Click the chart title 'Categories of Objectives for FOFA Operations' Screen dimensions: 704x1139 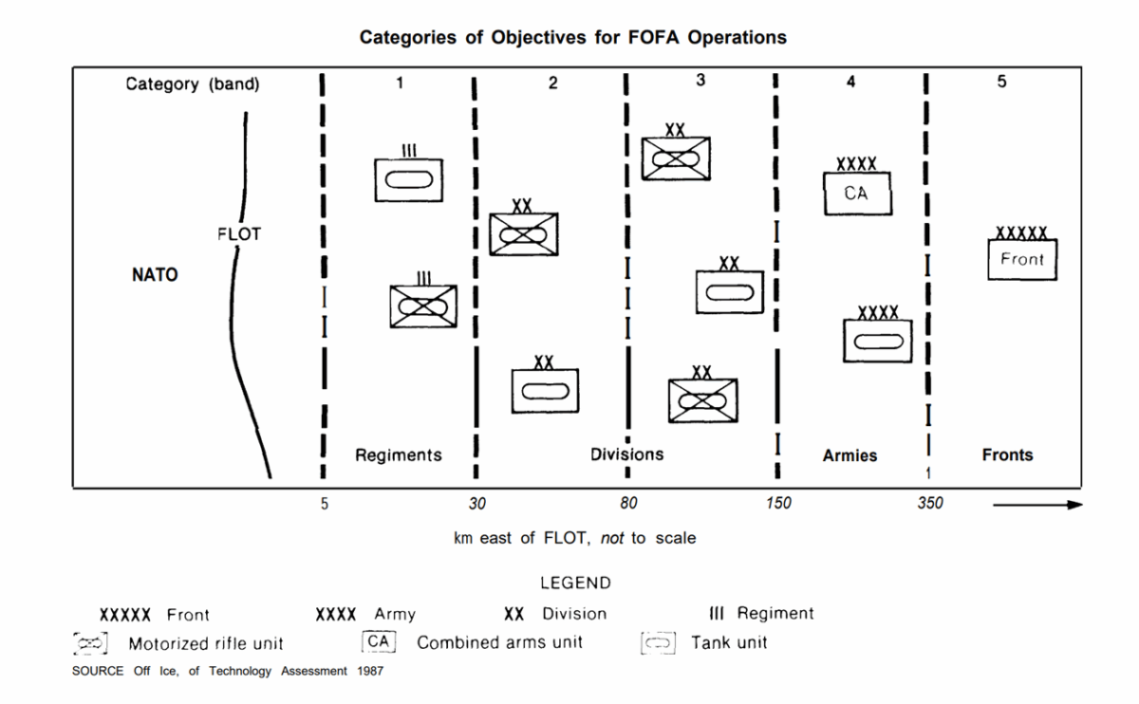(x=573, y=38)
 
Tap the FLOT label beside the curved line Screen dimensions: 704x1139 (x=238, y=234)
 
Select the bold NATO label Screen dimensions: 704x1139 (x=155, y=276)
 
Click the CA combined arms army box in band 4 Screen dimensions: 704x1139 (x=856, y=194)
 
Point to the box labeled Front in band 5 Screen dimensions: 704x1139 (x=1021, y=259)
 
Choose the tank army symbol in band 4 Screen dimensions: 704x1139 (x=878, y=341)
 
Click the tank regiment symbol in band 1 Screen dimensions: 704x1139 (x=409, y=178)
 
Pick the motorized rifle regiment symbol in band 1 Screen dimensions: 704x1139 (x=423, y=306)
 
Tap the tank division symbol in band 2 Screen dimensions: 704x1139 (x=545, y=390)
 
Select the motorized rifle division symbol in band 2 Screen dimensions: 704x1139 (x=523, y=234)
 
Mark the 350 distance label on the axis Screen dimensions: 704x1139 (x=930, y=504)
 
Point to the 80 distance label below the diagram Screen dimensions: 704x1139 (x=629, y=504)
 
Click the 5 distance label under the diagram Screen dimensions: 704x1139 (x=324, y=504)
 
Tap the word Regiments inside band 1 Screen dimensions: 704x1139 (x=399, y=455)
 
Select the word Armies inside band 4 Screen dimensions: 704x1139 (x=850, y=455)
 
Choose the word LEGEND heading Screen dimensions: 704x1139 (x=575, y=584)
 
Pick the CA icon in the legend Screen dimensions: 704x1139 (x=378, y=642)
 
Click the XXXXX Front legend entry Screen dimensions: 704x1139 (x=155, y=615)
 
